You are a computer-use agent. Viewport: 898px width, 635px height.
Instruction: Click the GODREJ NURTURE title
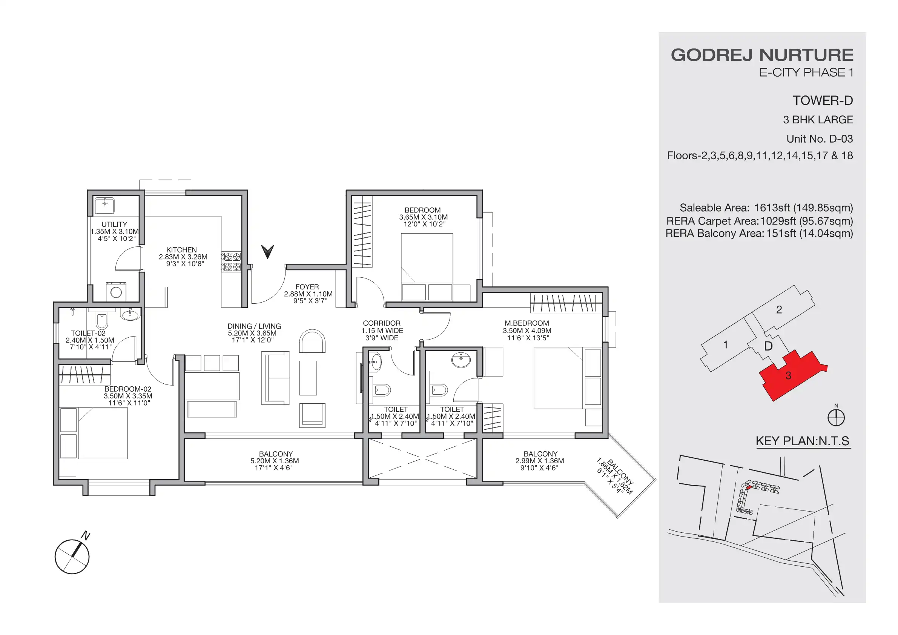pyautogui.click(x=762, y=55)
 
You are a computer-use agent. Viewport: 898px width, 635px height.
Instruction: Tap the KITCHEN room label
pyautogui.click(x=181, y=250)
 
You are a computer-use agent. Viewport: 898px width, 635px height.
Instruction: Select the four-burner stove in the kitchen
pyautogui.click(x=232, y=262)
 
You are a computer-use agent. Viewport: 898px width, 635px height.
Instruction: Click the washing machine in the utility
pyautogui.click(x=116, y=292)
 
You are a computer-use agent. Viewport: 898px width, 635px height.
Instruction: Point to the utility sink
pyautogui.click(x=104, y=205)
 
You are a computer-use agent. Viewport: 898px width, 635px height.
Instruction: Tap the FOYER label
pyautogui.click(x=307, y=287)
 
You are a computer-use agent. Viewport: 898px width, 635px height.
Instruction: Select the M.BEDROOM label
pyautogui.click(x=527, y=323)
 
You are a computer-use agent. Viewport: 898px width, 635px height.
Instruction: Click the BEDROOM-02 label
pyautogui.click(x=127, y=389)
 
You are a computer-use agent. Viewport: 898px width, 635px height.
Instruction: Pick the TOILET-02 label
pyautogui.click(x=88, y=333)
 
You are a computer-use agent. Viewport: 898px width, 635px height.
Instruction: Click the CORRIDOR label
pyautogui.click(x=381, y=323)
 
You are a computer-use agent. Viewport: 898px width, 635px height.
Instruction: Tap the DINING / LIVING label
pyautogui.click(x=254, y=326)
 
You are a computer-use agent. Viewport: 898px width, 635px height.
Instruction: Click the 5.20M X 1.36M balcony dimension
pyautogui.click(x=275, y=461)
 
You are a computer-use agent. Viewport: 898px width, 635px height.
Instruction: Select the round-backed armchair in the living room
pyautogui.click(x=312, y=341)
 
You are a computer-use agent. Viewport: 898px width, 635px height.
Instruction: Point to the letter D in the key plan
pyautogui.click(x=768, y=346)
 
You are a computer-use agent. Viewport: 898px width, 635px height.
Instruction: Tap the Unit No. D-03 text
pyautogui.click(x=820, y=139)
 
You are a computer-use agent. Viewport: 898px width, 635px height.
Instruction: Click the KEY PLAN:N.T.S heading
pyautogui.click(x=802, y=441)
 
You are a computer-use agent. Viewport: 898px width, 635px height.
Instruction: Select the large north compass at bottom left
pyautogui.click(x=72, y=557)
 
